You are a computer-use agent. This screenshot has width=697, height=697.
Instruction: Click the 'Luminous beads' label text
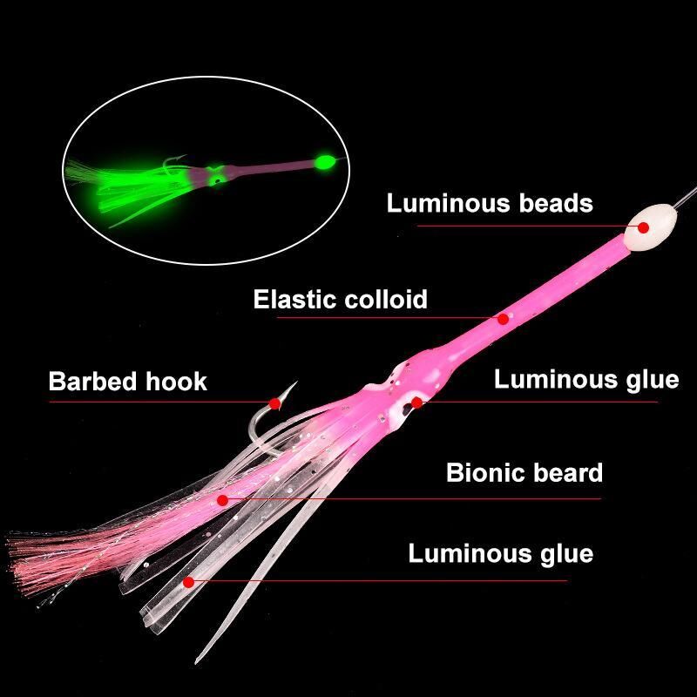coord(490,203)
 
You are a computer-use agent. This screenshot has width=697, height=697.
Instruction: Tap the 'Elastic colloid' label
coord(340,299)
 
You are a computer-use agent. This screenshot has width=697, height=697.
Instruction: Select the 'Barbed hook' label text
coord(127,382)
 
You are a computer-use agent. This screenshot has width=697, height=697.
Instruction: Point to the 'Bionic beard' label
coord(524,472)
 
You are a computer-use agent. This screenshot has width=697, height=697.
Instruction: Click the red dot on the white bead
coord(643,227)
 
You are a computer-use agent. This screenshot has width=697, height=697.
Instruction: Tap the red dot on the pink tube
coord(504,319)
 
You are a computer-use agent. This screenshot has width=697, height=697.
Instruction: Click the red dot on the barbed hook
coord(275,403)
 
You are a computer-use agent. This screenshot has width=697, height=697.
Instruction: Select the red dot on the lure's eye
coord(416,403)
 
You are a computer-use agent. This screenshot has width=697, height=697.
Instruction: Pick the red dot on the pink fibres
coord(223,500)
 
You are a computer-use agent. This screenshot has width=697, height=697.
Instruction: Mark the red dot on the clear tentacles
coord(188,582)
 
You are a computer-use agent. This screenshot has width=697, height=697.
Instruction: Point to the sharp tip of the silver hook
coord(296,382)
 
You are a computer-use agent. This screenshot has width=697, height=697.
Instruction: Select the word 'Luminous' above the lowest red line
coord(470,553)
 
